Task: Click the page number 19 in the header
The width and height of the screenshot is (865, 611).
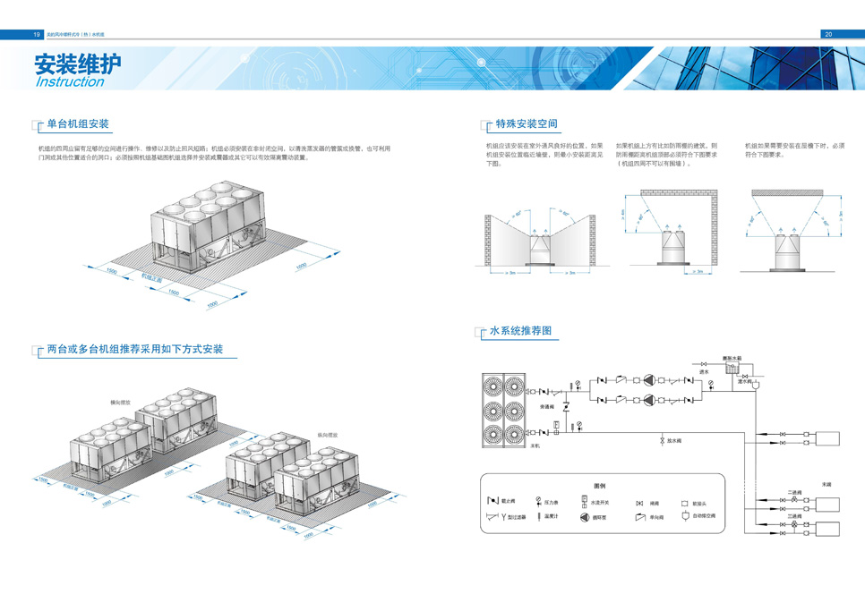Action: tap(37, 34)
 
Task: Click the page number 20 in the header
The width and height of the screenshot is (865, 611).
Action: tap(828, 34)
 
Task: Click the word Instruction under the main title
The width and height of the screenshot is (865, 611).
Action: tap(69, 82)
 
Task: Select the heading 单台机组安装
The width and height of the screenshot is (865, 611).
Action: tap(78, 123)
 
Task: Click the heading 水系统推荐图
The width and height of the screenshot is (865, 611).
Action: tap(520, 331)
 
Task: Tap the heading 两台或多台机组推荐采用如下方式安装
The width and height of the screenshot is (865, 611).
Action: tap(134, 349)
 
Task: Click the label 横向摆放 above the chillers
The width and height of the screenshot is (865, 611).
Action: tap(119, 403)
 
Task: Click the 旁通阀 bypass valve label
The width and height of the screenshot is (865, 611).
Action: tap(548, 408)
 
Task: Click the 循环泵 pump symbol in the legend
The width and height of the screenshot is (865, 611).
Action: tap(584, 516)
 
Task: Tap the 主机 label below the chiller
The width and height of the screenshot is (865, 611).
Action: tap(536, 445)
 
